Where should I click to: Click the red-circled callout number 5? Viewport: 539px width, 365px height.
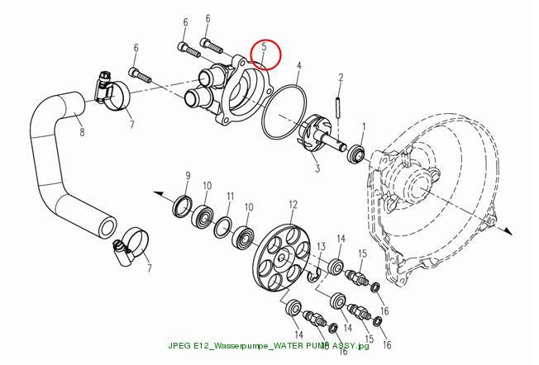pos(264,47)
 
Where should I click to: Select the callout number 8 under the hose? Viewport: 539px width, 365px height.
pos(82,132)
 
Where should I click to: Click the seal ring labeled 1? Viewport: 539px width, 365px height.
pos(355,154)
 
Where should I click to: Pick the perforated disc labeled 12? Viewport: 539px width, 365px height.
pos(284,257)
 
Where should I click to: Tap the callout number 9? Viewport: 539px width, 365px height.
pos(188,177)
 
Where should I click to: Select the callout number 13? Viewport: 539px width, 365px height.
pos(321,246)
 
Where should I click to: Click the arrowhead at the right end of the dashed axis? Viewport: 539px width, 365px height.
pos(508,231)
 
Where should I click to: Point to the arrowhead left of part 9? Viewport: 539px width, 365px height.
pos(159,194)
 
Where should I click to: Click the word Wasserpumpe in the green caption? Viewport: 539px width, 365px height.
pos(239,346)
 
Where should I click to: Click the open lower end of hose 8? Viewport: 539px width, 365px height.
pos(107,228)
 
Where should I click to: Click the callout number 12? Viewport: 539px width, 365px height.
pos(293,206)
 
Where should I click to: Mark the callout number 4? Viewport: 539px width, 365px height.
pos(299,66)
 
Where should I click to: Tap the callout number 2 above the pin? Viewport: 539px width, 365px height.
pos(341,78)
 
